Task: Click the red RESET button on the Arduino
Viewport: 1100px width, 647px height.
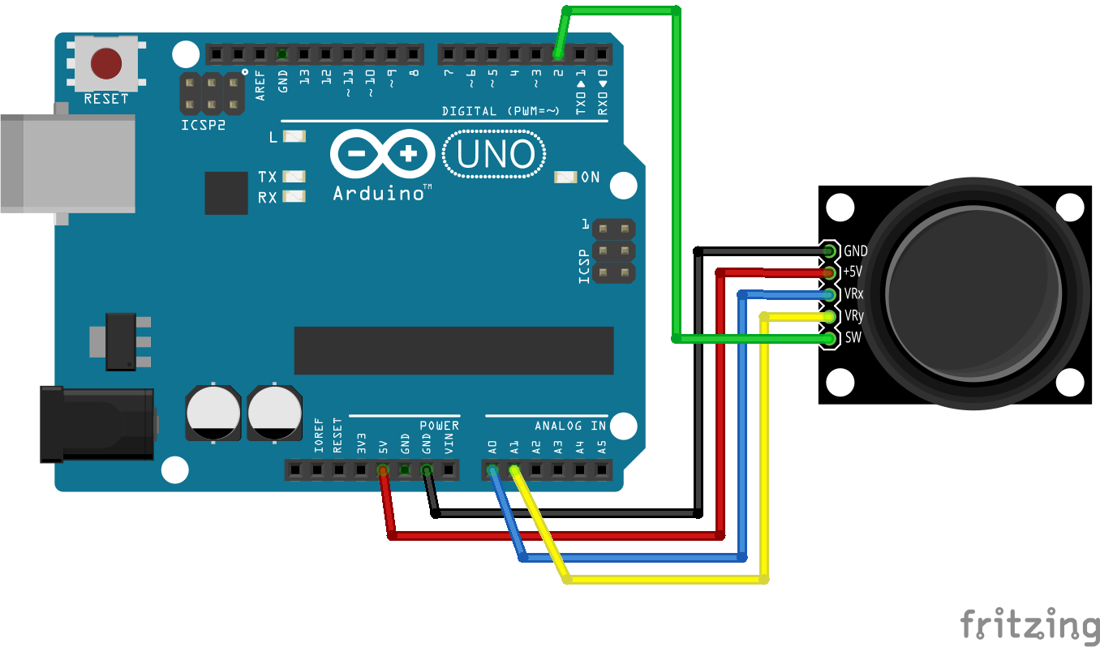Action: pyautogui.click(x=106, y=63)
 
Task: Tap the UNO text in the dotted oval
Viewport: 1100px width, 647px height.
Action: pyautogui.click(x=495, y=154)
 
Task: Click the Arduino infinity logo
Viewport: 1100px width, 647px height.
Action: pyautogui.click(x=383, y=154)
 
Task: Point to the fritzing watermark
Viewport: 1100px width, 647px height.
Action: pyautogui.click(x=1029, y=624)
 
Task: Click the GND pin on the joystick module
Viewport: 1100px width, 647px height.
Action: pyautogui.click(x=829, y=251)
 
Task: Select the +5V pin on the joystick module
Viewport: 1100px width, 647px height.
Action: pyautogui.click(x=829, y=272)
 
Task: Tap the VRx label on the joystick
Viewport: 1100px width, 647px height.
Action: pyautogui.click(x=853, y=294)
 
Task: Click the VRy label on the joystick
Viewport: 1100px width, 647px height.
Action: pyautogui.click(x=853, y=315)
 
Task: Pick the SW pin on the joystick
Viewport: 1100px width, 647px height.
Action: pyautogui.click(x=829, y=338)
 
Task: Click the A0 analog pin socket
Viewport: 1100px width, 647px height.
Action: pyautogui.click(x=492, y=470)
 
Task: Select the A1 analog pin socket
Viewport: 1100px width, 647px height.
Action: pyautogui.click(x=513, y=470)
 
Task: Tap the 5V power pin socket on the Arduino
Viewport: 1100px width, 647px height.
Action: pyautogui.click(x=383, y=470)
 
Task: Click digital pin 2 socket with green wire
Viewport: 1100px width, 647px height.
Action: pyautogui.click(x=558, y=54)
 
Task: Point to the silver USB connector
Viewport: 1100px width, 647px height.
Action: pyautogui.click(x=68, y=164)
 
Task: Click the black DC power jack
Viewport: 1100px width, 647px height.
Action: pyautogui.click(x=97, y=425)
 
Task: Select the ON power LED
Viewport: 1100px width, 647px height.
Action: pyautogui.click(x=565, y=177)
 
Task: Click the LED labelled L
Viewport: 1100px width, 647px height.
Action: pyautogui.click(x=294, y=136)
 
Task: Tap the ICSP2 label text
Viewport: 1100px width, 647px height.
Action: pyautogui.click(x=204, y=125)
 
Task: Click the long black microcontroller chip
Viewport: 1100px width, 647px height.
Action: pyautogui.click(x=453, y=350)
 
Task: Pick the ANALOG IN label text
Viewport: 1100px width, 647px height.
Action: pyautogui.click(x=570, y=426)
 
